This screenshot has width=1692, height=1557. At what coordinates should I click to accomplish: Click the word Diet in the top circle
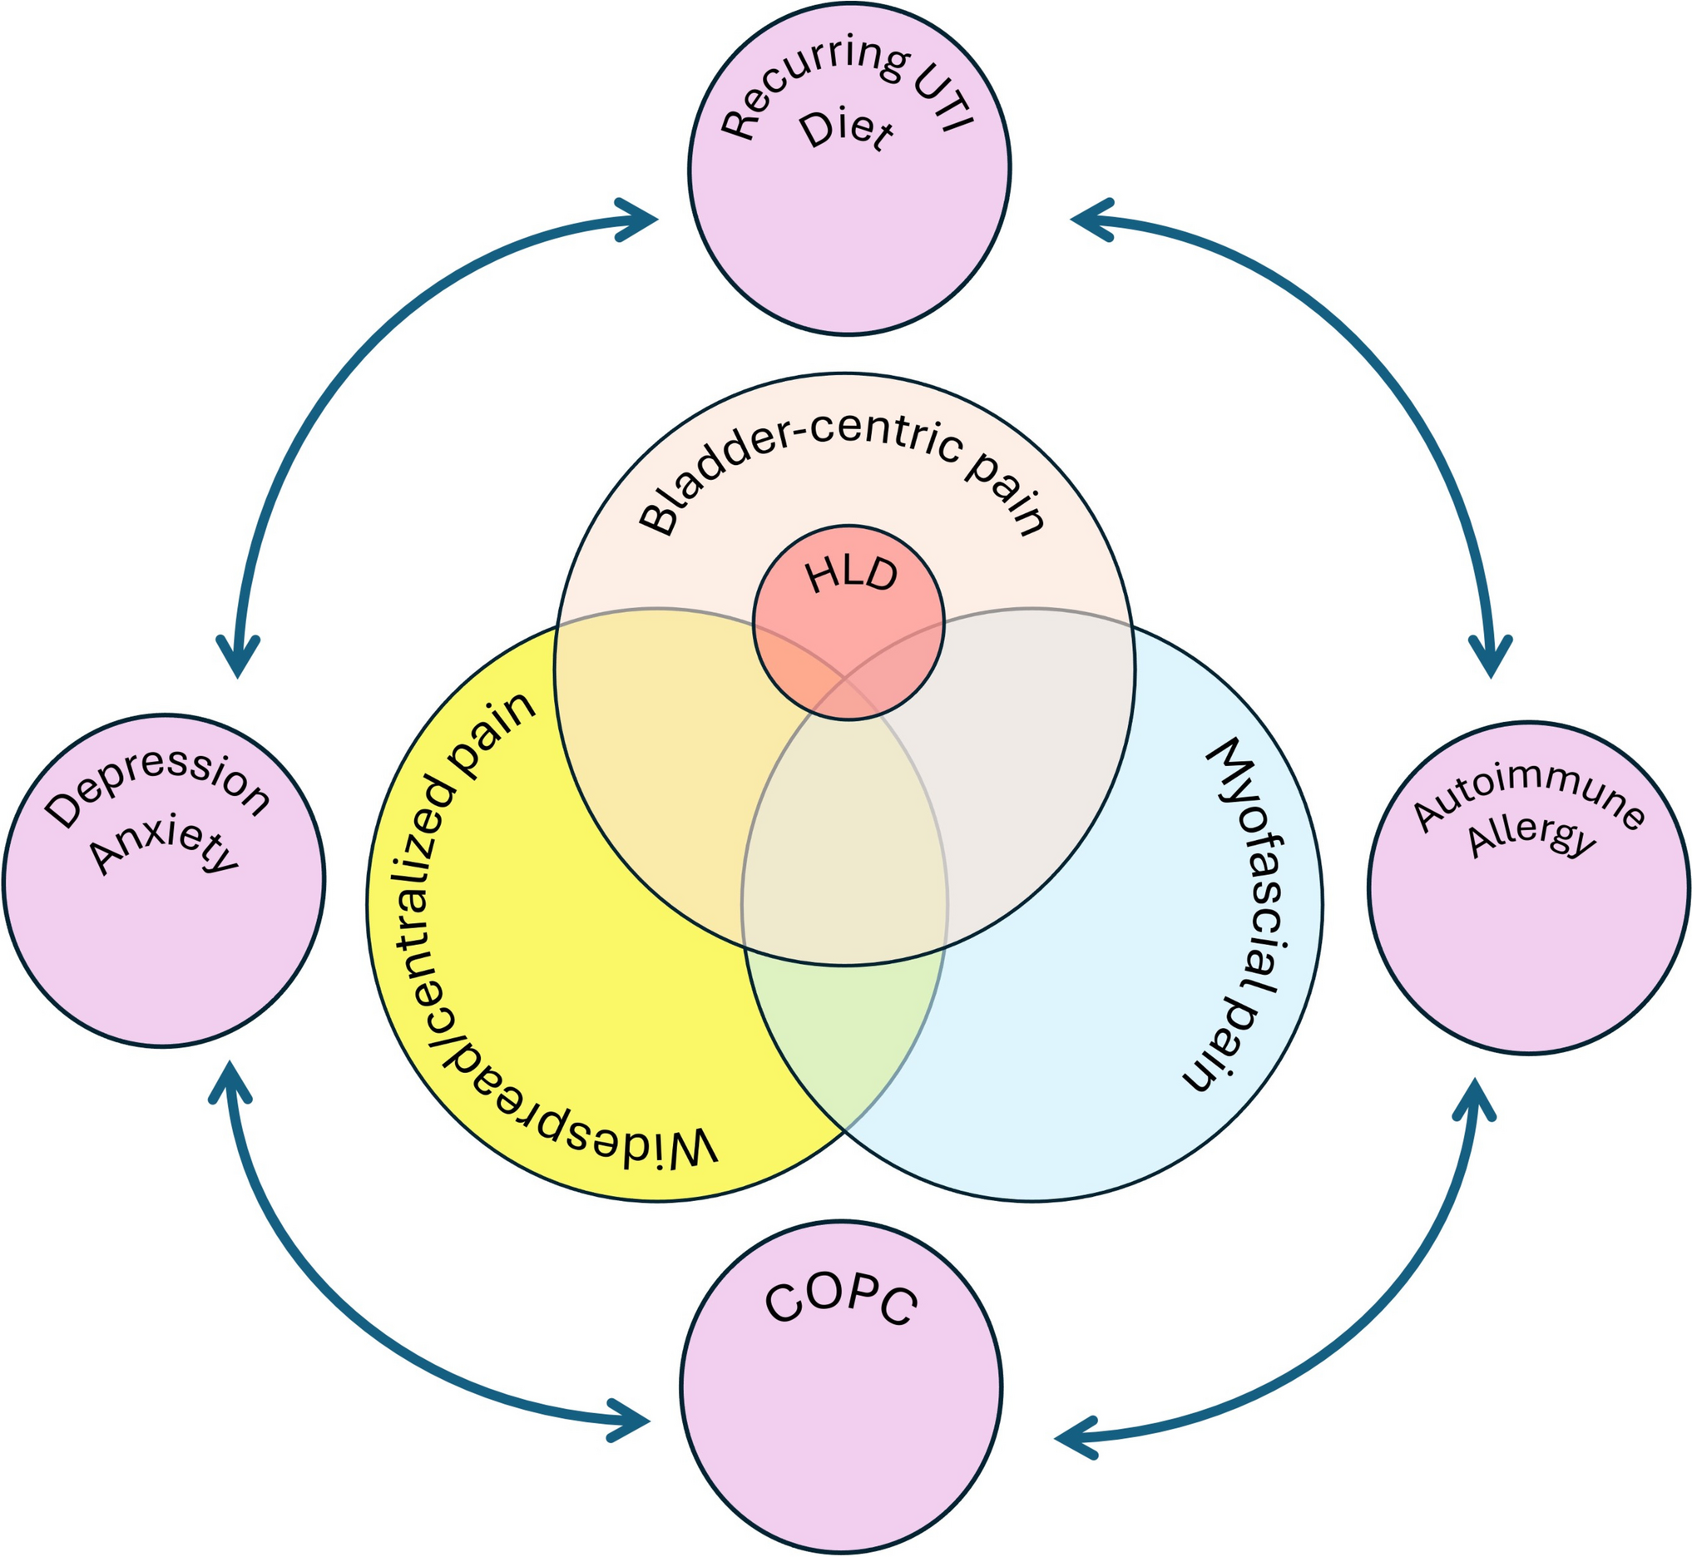[846, 133]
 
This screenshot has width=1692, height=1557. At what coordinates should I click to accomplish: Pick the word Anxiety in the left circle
[166, 846]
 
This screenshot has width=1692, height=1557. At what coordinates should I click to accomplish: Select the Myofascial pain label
[1244, 914]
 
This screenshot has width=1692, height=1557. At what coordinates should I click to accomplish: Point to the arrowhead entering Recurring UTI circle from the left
[641, 220]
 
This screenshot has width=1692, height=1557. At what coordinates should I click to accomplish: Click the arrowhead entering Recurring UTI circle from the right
[1088, 220]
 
